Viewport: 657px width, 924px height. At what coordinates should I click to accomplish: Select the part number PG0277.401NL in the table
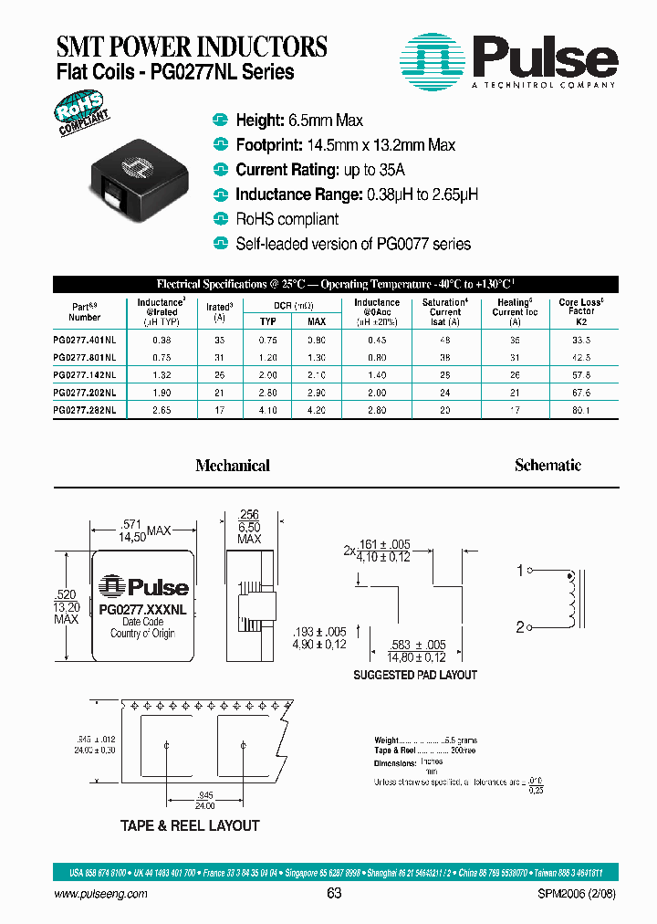pyautogui.click(x=85, y=338)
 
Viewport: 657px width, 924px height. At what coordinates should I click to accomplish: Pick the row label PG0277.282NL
pyautogui.click(x=85, y=410)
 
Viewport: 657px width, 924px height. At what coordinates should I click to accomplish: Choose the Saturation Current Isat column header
pyautogui.click(x=445, y=311)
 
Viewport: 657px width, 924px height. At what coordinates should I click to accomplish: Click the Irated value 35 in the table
pyautogui.click(x=219, y=338)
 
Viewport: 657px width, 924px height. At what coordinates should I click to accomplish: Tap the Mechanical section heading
pyautogui.click(x=233, y=466)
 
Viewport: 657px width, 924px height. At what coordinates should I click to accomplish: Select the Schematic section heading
pyautogui.click(x=547, y=466)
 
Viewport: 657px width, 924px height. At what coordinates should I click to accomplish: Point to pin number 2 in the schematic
pyautogui.click(x=520, y=627)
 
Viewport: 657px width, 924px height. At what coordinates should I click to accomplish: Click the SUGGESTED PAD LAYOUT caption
pyautogui.click(x=415, y=675)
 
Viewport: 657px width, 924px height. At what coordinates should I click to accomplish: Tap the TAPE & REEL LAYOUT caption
pyautogui.click(x=190, y=825)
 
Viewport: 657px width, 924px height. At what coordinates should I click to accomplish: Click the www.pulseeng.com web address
pyautogui.click(x=101, y=894)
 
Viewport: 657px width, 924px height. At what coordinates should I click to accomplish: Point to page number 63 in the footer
pyautogui.click(x=334, y=894)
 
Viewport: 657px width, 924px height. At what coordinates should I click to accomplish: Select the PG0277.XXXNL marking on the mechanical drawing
pyautogui.click(x=143, y=608)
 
